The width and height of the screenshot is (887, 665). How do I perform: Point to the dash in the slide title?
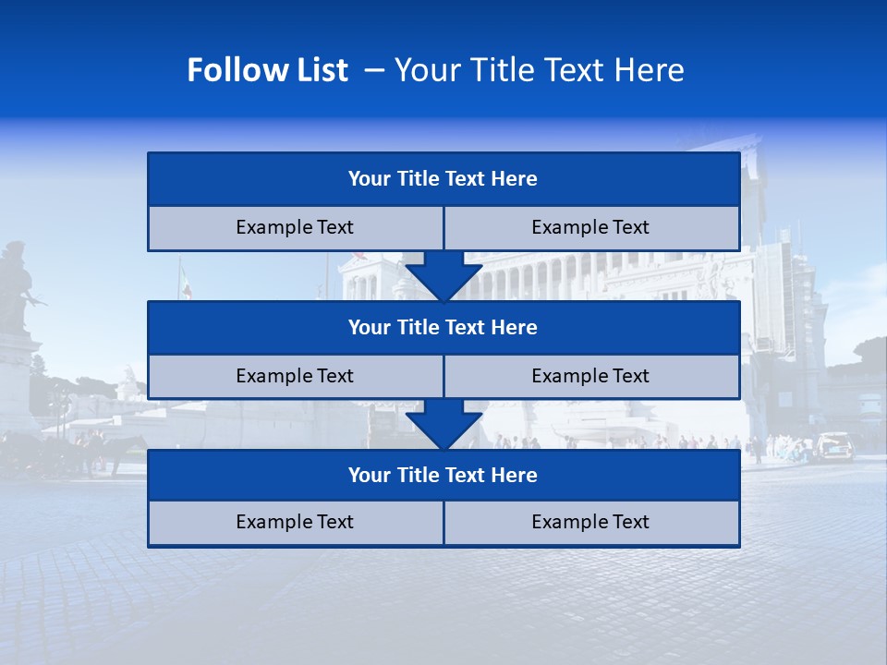[374, 70]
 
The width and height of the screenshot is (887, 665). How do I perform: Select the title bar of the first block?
[443, 179]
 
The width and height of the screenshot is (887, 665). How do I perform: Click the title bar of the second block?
[443, 327]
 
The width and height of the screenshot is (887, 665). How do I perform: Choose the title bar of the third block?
[443, 475]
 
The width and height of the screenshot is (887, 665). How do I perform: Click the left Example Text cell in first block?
[295, 227]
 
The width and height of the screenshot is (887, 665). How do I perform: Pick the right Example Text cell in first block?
[591, 227]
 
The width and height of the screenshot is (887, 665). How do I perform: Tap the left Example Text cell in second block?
[295, 376]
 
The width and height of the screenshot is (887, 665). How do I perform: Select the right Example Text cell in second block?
[591, 376]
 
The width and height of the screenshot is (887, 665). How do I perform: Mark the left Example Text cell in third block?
[295, 522]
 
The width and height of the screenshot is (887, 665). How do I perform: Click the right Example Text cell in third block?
[591, 522]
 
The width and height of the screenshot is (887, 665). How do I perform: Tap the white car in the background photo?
[833, 445]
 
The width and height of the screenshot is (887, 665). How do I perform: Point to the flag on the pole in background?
[186, 283]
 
